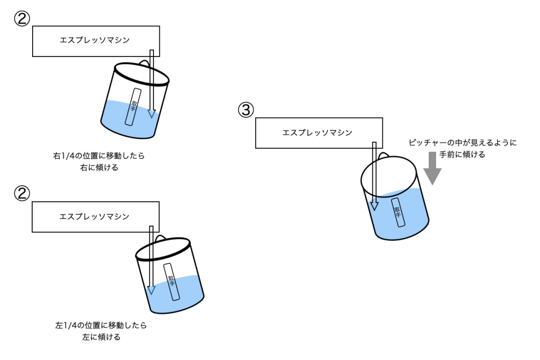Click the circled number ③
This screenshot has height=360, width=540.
[x=246, y=110]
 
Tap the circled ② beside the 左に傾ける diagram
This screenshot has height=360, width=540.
[x=22, y=193]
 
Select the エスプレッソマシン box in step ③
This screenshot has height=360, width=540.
[x=319, y=133]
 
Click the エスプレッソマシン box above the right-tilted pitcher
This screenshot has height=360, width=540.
[x=95, y=40]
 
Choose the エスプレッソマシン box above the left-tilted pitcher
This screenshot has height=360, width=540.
[x=95, y=216]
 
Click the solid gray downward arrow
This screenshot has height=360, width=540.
[x=432, y=168]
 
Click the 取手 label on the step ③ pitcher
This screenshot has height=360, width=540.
[x=398, y=212]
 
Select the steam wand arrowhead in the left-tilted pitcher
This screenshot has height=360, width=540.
[x=151, y=289]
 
